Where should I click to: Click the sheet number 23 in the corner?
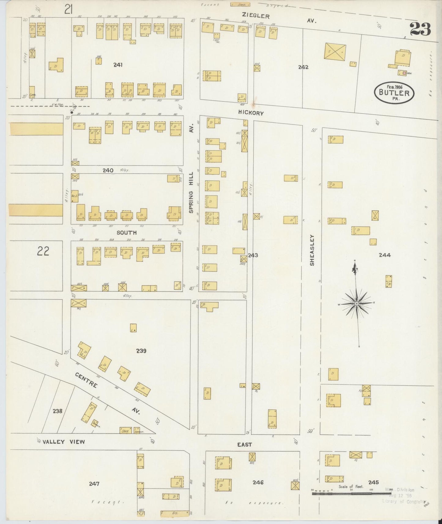tap(420, 29)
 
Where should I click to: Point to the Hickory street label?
tap(251, 113)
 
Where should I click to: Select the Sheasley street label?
tap(312, 250)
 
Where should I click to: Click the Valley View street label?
tap(64, 442)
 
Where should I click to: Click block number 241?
tap(118, 65)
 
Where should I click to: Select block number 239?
tap(141, 351)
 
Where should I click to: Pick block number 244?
tap(384, 255)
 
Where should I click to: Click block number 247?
tap(94, 484)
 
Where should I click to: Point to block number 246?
tap(258, 482)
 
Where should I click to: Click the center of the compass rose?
tap(357, 303)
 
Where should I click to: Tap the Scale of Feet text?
tap(351, 486)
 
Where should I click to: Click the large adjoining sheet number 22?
tap(43, 251)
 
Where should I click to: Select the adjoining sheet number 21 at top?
tap(68, 10)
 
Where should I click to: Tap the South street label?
tap(126, 233)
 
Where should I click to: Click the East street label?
tap(244, 445)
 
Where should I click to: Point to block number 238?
tap(58, 411)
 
